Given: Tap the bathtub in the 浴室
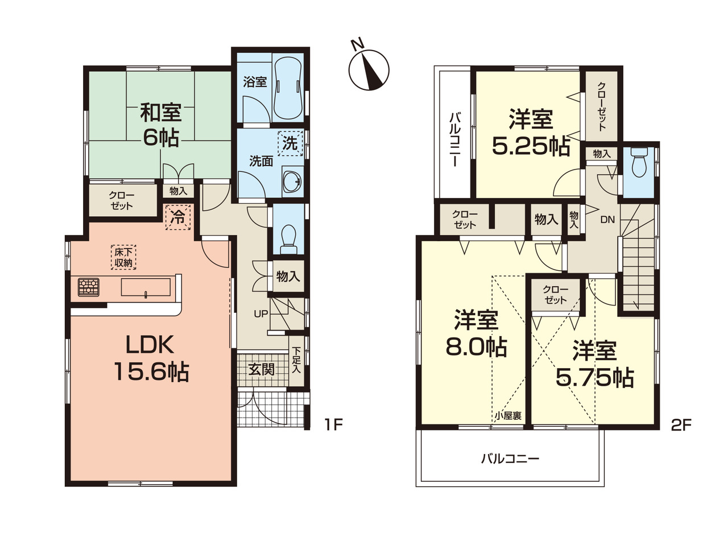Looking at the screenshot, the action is tap(288, 88).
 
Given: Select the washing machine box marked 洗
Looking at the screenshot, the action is tap(291, 143).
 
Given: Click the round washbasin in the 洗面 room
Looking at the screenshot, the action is tap(292, 181).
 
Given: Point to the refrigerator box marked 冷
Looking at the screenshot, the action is tap(178, 217).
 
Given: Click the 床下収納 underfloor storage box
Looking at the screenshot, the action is tap(123, 258).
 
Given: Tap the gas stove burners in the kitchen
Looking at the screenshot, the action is tap(89, 287).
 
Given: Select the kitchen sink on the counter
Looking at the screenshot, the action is tap(146, 287).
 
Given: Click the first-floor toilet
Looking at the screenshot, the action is tap(288, 239).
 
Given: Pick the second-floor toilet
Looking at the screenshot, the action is tap(639, 162).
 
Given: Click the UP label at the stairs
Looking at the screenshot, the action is tap(261, 314).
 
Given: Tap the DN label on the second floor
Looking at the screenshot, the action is tap(607, 220).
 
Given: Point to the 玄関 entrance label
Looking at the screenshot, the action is tap(261, 370).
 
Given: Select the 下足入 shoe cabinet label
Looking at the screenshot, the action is tap(296, 360).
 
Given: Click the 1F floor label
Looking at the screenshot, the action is tap(334, 426).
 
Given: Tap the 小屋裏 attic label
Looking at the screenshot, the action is tap(508, 416).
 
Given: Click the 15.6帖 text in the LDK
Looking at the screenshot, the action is tap(152, 371).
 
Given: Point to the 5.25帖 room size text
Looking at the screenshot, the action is tap(531, 146).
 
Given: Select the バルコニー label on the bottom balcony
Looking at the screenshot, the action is tap(510, 459).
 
